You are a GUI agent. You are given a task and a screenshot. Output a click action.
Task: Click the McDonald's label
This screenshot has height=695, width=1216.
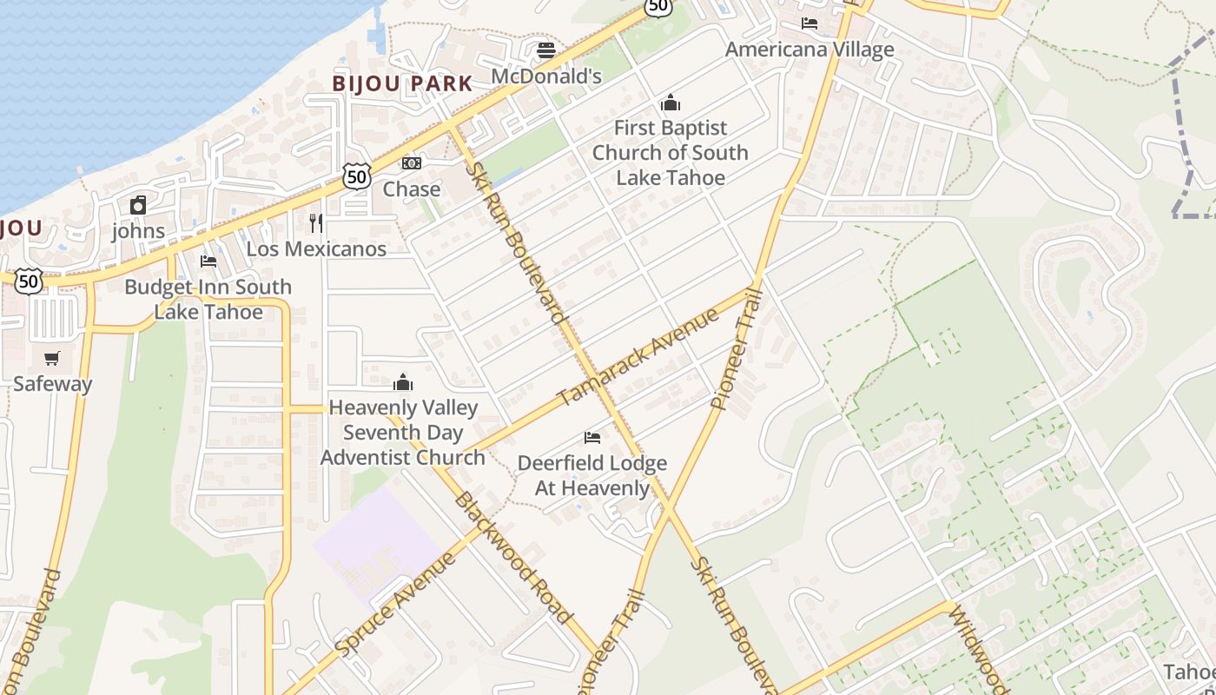546,76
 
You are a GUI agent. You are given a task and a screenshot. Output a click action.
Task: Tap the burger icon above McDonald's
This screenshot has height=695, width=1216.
546,50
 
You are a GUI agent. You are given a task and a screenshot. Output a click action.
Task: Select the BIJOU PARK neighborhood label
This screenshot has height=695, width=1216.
403,83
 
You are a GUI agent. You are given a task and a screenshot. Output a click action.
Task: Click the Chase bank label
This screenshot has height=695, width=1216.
412,189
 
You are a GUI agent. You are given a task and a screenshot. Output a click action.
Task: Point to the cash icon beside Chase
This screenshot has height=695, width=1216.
412,163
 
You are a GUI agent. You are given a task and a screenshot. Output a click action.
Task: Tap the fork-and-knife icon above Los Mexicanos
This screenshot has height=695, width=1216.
316,223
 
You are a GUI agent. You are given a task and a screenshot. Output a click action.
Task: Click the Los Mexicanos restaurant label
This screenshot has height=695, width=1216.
316,249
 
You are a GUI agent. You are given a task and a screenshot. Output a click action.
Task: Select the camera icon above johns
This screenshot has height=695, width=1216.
138,205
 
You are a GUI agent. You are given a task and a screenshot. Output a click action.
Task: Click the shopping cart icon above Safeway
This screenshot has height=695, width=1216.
52,358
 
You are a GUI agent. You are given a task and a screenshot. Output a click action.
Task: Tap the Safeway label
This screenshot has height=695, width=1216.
52,383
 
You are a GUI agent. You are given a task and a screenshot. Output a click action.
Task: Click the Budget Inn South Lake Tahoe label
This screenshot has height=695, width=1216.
208,299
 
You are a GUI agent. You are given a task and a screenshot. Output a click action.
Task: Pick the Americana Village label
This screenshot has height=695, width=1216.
810,50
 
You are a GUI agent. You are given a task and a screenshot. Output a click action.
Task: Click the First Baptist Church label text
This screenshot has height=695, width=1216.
670,153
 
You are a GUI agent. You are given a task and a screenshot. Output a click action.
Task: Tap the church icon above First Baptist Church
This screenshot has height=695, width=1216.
670,103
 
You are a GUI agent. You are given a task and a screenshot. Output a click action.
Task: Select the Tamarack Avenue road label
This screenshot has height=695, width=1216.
638,356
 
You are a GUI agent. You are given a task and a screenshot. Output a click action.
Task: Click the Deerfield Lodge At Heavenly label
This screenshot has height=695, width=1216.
592,475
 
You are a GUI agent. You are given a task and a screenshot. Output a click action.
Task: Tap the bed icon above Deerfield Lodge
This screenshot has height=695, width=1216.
592,438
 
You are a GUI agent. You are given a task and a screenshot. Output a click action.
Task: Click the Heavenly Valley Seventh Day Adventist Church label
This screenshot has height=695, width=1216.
403,433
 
